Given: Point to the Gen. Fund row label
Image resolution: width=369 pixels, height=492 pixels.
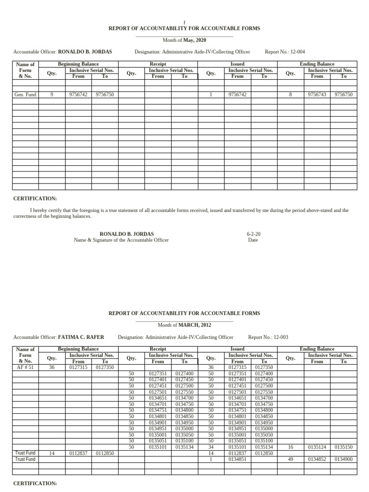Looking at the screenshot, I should (x=25, y=95).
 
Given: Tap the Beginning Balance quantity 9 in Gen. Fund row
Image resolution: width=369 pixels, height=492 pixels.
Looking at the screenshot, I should (x=51, y=95).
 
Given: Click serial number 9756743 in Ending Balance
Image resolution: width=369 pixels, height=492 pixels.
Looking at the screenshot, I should (x=317, y=95).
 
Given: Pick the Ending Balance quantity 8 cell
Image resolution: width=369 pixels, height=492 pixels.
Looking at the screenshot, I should (x=290, y=95).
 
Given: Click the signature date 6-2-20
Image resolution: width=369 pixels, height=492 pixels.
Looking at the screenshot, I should (x=253, y=234).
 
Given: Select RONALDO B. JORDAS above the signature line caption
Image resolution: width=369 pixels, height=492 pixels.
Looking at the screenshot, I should (x=121, y=234).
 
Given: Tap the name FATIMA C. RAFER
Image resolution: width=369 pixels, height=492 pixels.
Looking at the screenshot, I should (x=81, y=337).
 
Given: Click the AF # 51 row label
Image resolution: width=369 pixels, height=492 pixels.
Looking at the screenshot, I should (x=25, y=368).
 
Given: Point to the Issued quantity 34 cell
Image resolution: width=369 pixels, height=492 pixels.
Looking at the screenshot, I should (x=210, y=447).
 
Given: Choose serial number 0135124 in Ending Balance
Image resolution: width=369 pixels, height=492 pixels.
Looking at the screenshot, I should (x=317, y=447).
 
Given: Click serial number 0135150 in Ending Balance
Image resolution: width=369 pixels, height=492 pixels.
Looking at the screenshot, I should (x=344, y=447).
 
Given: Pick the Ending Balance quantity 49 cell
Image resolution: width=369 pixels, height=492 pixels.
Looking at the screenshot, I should (x=290, y=459).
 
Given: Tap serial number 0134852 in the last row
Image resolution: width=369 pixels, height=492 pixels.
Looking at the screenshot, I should (x=317, y=459).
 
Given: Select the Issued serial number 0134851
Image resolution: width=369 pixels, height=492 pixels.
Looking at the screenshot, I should (x=237, y=459).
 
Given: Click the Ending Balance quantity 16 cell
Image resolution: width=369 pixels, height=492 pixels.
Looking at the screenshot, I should (x=290, y=447).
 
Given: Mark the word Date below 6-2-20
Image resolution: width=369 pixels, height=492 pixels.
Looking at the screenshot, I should (x=253, y=240).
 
